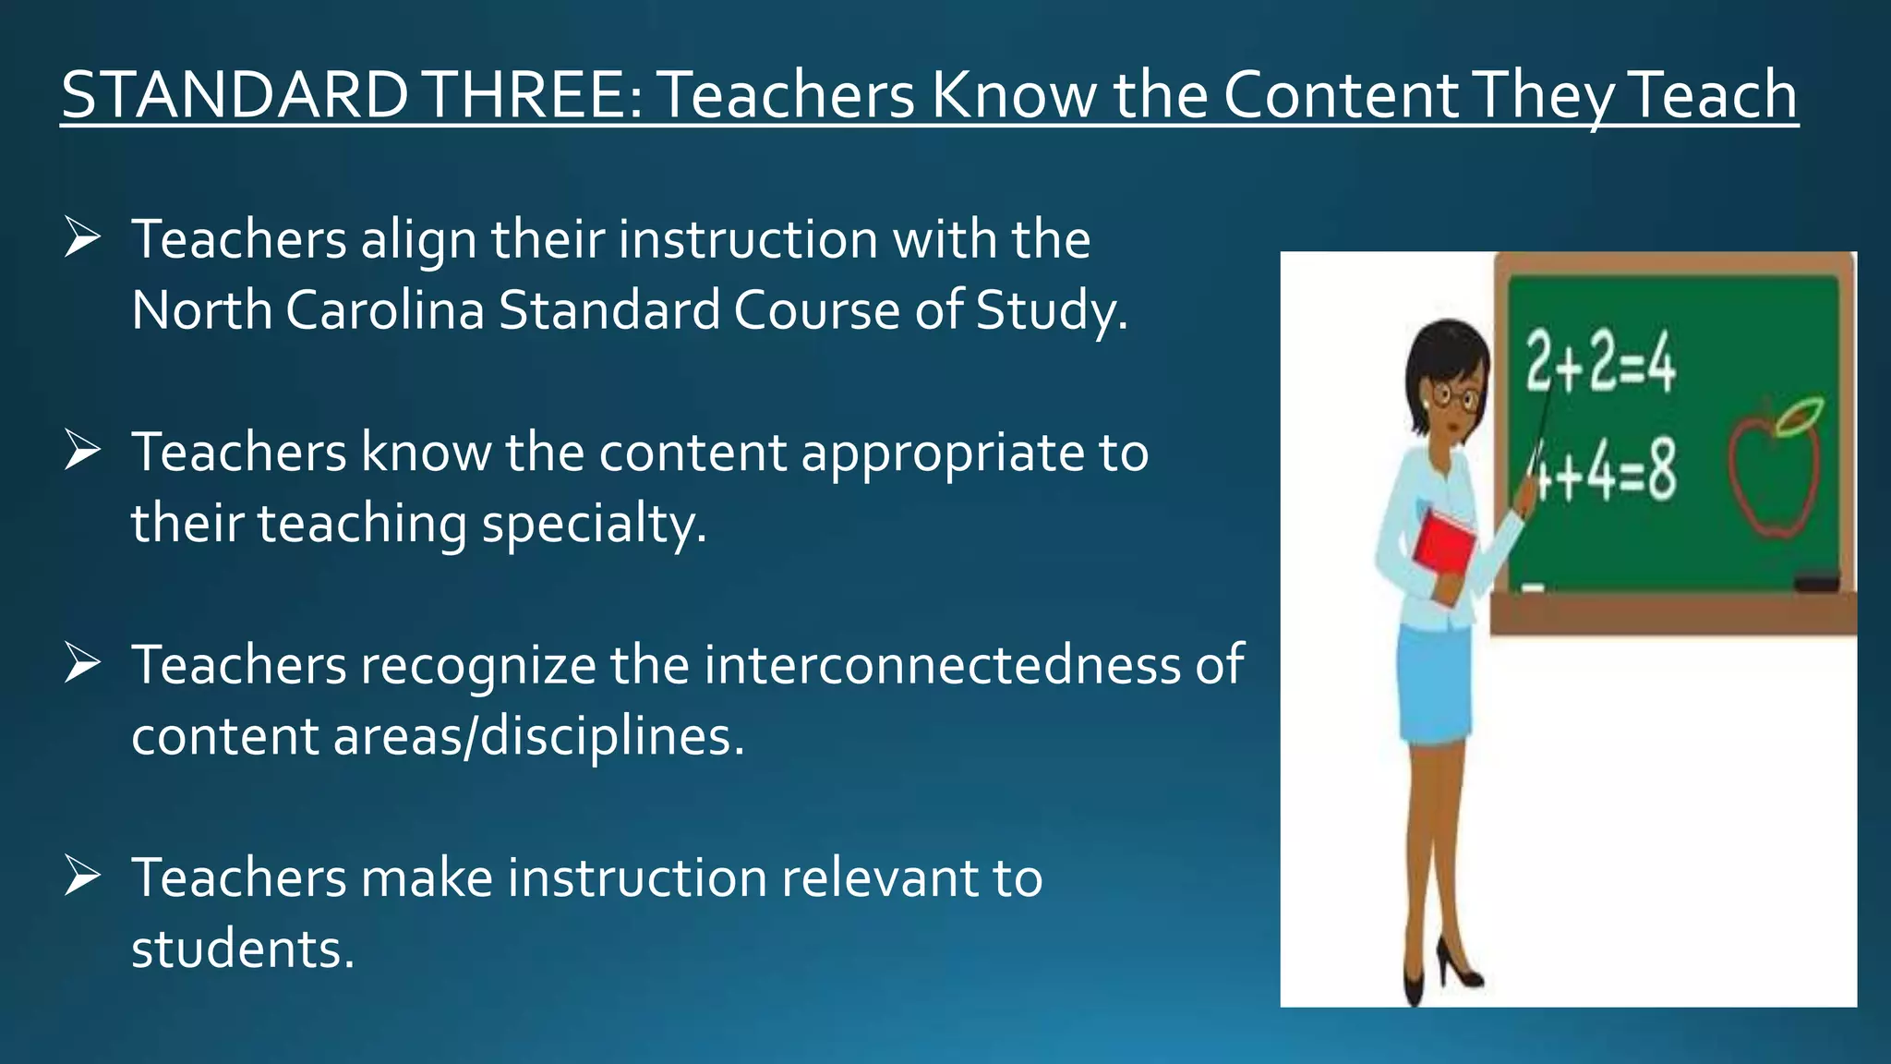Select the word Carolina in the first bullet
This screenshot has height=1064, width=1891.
click(x=385, y=309)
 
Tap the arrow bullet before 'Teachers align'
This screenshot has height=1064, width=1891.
click(x=82, y=238)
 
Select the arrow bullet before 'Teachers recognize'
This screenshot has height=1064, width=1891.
click(x=82, y=664)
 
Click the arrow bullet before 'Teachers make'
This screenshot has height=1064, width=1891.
click(x=82, y=877)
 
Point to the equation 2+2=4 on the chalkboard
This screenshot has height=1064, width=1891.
click(x=1600, y=362)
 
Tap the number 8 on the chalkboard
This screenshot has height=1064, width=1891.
click(x=1661, y=471)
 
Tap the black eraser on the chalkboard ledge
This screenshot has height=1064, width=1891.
click(x=1816, y=582)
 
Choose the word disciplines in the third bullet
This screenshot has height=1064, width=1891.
click(x=605, y=736)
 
